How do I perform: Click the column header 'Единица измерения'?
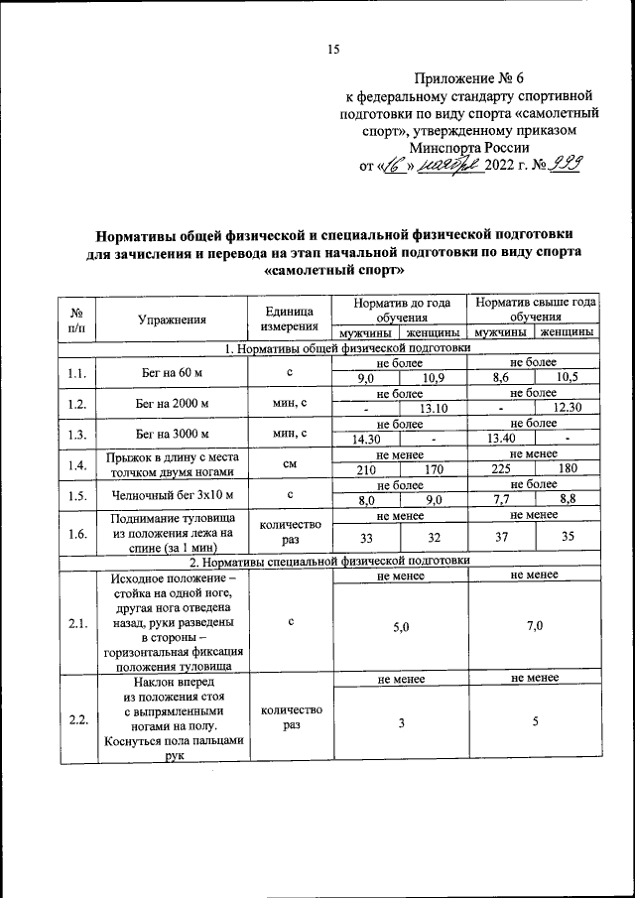click(290, 319)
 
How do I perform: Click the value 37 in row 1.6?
click(501, 537)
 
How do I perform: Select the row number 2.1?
click(77, 622)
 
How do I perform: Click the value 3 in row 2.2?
click(401, 723)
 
